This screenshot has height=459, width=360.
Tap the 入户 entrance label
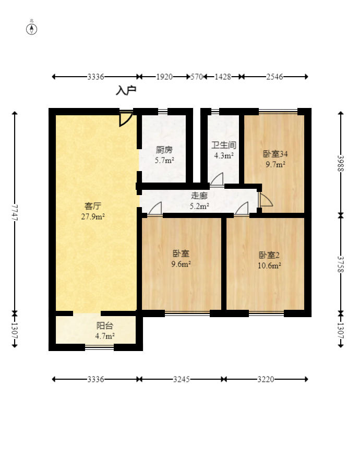(126, 90)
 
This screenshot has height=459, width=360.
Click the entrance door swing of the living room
(125, 118)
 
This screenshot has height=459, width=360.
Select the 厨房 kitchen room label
(164, 150)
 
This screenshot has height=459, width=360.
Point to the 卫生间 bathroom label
(224, 145)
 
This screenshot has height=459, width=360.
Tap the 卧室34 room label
(275, 154)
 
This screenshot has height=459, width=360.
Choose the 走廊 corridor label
(199, 196)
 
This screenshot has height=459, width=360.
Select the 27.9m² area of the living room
(93, 216)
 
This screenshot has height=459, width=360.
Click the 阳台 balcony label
(105, 326)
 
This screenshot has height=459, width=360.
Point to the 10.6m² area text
(270, 265)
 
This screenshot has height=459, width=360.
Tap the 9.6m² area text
(181, 264)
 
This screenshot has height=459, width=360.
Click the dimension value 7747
(15, 212)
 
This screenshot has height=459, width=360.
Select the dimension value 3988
(341, 163)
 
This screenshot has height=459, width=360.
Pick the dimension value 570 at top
(197, 77)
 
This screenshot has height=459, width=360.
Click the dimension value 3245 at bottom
(182, 379)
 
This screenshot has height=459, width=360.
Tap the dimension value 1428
(223, 77)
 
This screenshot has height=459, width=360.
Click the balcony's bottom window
(100, 347)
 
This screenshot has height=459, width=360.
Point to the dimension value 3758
(341, 264)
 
